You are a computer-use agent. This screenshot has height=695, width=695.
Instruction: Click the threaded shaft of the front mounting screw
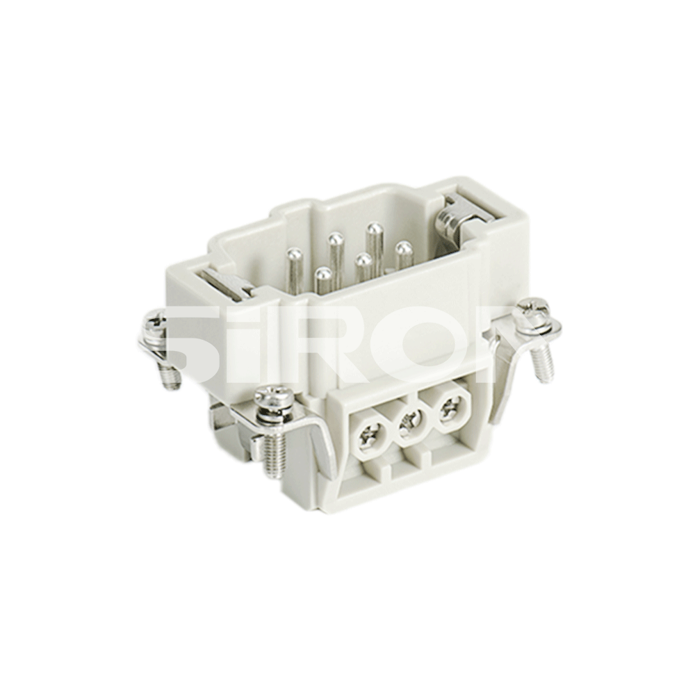pos(272,455)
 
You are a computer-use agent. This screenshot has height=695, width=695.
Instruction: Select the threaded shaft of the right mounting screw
pos(543,361)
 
